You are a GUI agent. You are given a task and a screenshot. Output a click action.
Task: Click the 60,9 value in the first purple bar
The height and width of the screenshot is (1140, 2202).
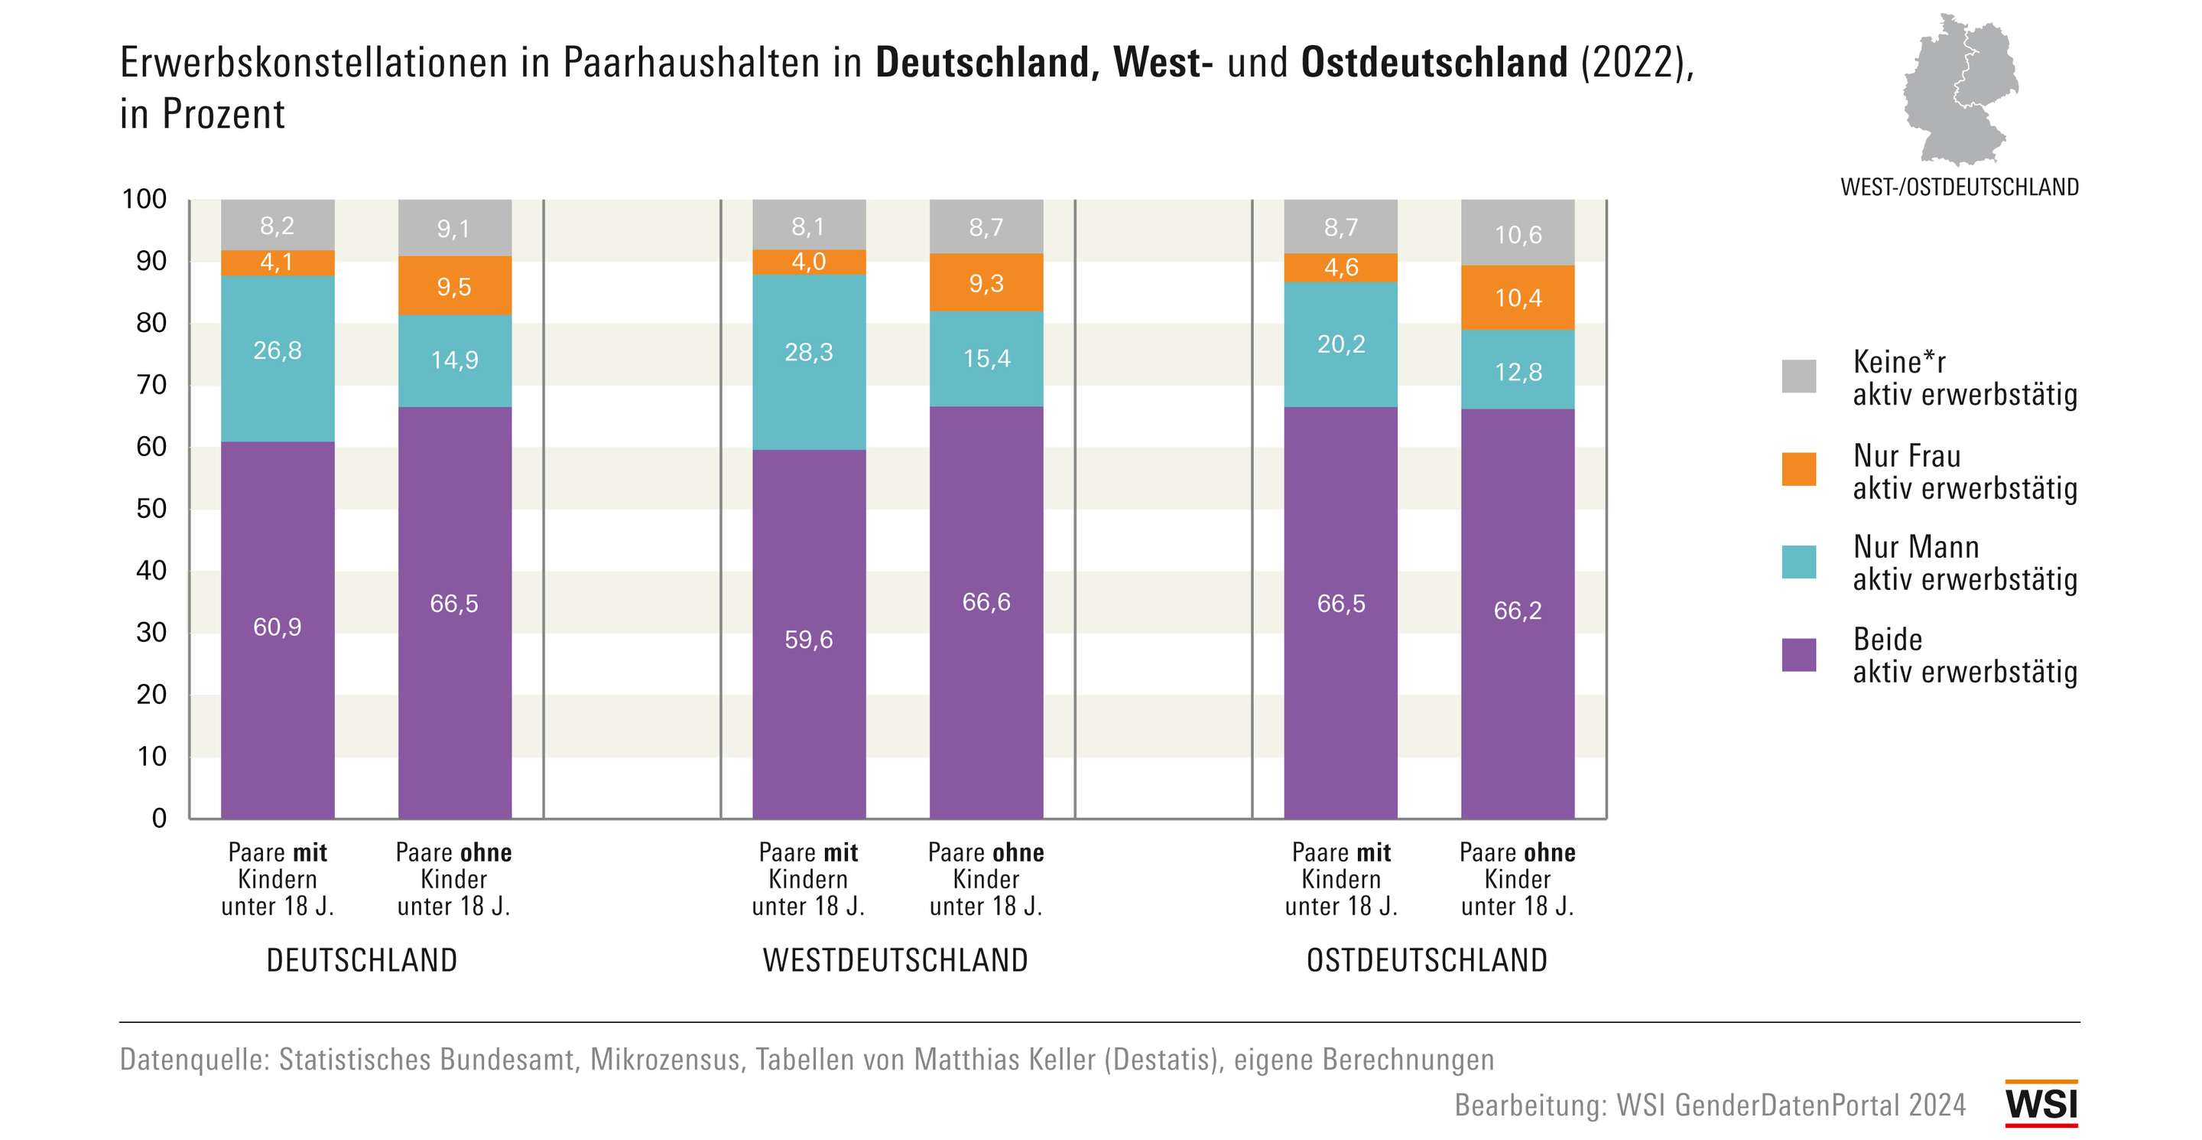[277, 627]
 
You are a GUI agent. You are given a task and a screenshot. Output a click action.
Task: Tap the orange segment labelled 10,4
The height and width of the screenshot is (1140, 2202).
[1517, 298]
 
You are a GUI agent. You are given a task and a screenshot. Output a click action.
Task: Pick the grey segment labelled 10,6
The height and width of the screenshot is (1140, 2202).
[1517, 233]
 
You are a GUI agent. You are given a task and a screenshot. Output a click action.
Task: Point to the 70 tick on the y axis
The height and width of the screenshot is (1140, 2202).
[151, 385]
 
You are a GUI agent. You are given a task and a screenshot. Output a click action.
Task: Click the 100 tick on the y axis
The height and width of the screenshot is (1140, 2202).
[144, 199]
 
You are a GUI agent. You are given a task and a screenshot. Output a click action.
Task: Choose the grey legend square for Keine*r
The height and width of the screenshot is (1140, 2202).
[1798, 376]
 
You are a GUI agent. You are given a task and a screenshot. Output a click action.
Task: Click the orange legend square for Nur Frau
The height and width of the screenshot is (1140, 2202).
[1798, 469]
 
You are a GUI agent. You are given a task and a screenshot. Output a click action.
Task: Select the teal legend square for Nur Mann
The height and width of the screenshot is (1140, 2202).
[1798, 562]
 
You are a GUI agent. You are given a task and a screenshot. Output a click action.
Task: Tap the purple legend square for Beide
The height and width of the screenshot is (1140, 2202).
[1798, 655]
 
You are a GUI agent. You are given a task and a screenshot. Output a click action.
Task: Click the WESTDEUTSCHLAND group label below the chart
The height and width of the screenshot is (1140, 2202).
[895, 960]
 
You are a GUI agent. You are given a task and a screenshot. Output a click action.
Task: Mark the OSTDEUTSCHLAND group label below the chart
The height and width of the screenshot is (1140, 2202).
[1427, 960]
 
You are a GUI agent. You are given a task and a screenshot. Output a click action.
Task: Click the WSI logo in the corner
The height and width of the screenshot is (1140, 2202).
[2041, 1103]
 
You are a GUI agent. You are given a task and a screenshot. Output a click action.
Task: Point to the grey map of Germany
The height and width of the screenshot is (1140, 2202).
[1959, 90]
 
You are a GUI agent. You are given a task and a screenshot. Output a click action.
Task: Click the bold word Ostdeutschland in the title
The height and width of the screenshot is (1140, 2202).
[1434, 63]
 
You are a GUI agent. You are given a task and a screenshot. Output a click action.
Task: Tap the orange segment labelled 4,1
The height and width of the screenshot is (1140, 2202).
[277, 262]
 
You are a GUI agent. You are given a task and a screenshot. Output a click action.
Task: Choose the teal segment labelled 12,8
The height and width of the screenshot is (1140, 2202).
[1517, 370]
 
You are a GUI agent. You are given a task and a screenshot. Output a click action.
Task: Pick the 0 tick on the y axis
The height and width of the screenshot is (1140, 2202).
[159, 819]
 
